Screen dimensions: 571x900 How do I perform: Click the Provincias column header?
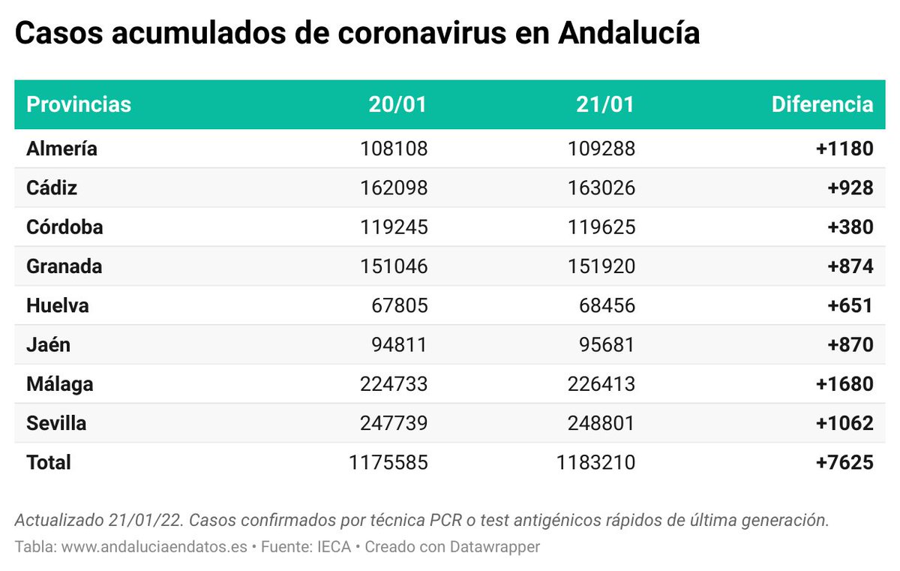[79, 104]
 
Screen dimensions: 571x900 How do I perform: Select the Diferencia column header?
[822, 104]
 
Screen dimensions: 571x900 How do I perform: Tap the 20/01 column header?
[397, 104]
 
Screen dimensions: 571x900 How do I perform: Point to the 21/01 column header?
[605, 104]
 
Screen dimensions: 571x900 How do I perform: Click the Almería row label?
[62, 149]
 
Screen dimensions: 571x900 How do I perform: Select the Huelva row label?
[58, 305]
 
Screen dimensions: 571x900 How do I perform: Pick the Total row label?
[49, 462]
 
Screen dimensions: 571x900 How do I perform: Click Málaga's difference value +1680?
[844, 384]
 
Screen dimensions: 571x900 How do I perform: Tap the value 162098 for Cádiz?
[393, 188]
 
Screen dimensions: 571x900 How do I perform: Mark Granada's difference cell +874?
[850, 266]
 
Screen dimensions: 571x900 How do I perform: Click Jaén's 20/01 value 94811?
[400, 345]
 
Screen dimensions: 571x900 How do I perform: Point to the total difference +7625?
[844, 462]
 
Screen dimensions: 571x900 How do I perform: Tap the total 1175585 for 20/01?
[388, 462]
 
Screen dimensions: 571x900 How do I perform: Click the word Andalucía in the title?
[629, 34]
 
